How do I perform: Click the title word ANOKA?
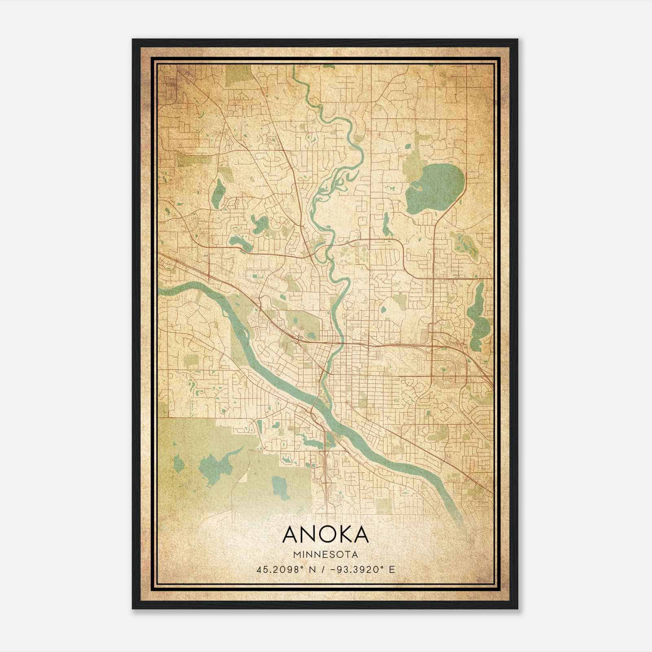point(325,535)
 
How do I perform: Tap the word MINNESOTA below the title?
point(325,555)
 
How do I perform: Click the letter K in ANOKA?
point(340,535)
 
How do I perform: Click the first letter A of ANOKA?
point(290,535)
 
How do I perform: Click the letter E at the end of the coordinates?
point(392,569)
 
